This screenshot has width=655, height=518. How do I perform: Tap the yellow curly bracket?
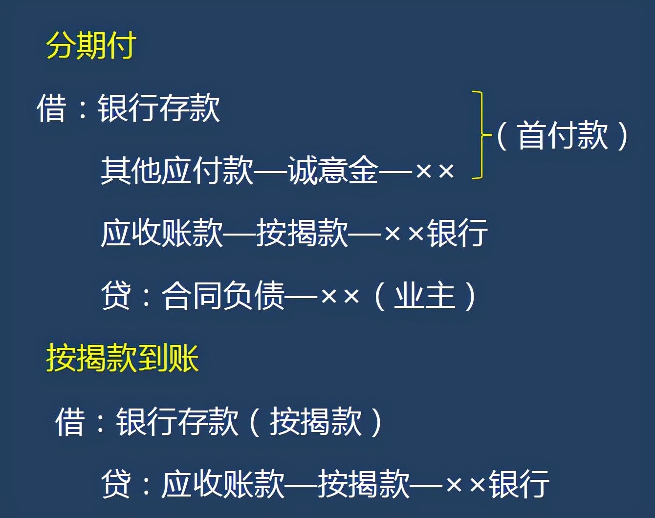tap(481, 134)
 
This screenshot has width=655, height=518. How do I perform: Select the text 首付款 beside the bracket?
tap(563, 135)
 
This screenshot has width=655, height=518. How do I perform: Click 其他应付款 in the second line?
tap(177, 170)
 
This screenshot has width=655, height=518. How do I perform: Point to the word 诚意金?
tap(333, 170)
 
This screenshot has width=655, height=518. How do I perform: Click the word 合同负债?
tap(223, 296)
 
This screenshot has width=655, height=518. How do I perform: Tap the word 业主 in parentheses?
tap(425, 296)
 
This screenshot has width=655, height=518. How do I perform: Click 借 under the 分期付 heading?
tap(51, 108)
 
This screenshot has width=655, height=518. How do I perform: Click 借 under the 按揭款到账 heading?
tap(69, 422)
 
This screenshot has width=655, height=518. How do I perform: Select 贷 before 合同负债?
tap(116, 296)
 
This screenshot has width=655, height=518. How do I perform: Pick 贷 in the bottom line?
tap(116, 484)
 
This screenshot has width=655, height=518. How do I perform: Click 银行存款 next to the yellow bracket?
tap(158, 108)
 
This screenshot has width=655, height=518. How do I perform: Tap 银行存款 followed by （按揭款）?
tap(177, 422)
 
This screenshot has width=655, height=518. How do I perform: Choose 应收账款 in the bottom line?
tap(223, 484)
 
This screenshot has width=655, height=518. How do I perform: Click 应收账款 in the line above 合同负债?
tap(162, 233)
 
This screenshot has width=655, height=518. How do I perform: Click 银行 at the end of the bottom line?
tap(519, 484)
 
